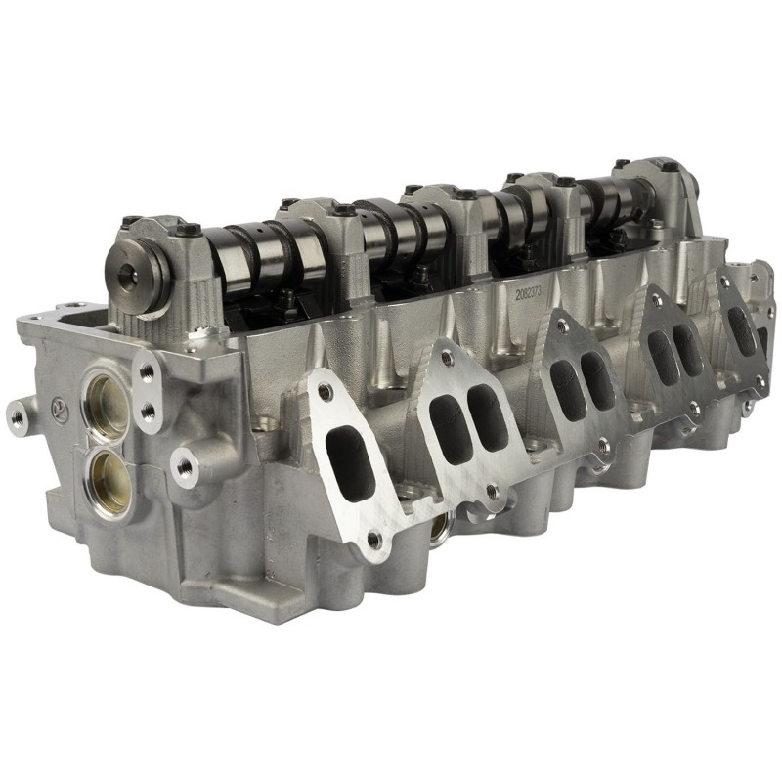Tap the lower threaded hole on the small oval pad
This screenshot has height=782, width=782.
[x=148, y=412]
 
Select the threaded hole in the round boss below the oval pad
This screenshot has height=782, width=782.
[x=185, y=466]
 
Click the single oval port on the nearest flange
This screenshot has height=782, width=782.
[x=351, y=460]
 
